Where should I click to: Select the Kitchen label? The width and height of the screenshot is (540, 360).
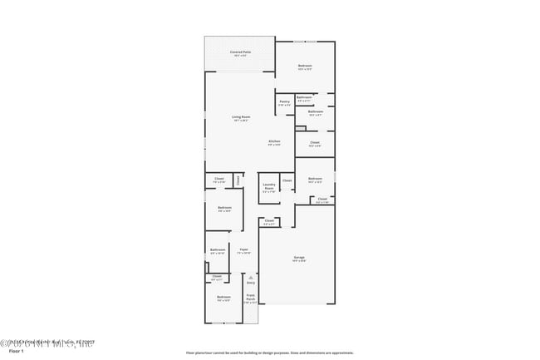pyautogui.click(x=274, y=141)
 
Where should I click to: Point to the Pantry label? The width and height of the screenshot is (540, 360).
pyautogui.click(x=284, y=102)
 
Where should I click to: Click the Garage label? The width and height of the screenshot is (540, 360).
pyautogui.click(x=298, y=258)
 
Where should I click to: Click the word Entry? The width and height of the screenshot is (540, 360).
pyautogui.click(x=250, y=283)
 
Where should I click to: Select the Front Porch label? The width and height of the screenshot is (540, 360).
pyautogui.click(x=250, y=298)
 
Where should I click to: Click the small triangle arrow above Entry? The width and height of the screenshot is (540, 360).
pyautogui.click(x=250, y=276)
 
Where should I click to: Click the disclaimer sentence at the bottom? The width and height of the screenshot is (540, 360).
pyautogui.click(x=269, y=353)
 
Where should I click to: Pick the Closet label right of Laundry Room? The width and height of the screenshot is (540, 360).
pyautogui.click(x=287, y=180)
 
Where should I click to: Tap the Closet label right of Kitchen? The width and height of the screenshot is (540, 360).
pyautogui.click(x=315, y=142)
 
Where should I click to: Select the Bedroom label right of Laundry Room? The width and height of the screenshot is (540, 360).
pyautogui.click(x=314, y=180)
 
